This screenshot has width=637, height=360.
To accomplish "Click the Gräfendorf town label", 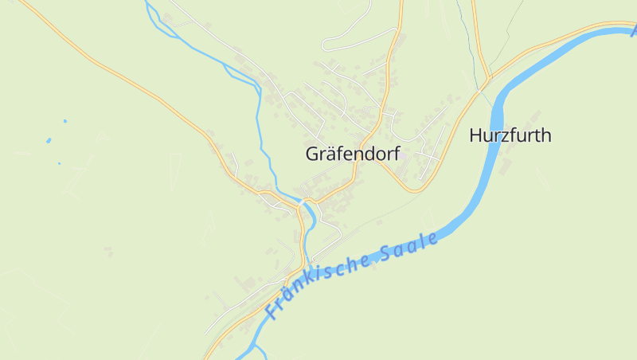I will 352,155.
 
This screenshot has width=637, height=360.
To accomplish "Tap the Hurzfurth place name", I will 510,135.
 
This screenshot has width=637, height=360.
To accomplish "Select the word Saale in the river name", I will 409,248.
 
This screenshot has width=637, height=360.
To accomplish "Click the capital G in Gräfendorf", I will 313,155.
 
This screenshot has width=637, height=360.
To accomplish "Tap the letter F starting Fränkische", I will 272,311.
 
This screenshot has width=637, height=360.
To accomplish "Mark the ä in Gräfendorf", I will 332,155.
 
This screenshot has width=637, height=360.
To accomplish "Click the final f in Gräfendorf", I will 395,154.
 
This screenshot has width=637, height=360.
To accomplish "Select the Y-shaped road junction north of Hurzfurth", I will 488,80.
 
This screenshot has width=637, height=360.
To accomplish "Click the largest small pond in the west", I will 49,140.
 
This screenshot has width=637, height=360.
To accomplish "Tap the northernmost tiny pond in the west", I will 64,121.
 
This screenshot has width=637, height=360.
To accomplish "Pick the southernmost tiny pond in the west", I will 59,163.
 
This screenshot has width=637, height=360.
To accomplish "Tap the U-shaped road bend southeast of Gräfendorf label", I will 412,190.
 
